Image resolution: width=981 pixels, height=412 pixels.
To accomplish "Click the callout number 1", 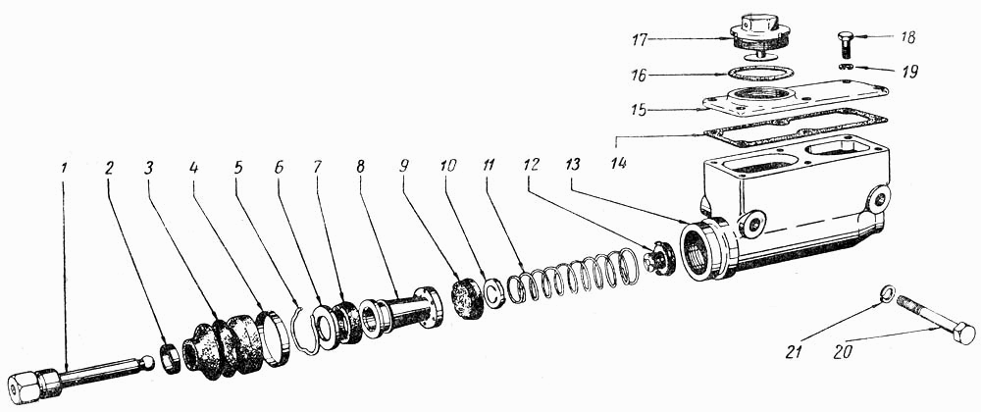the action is pos(65,168).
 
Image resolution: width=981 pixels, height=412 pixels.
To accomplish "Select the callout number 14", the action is pos(619,163).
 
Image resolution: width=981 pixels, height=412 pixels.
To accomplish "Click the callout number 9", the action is pos(403,167).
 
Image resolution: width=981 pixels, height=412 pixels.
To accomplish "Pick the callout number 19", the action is pos(909,72).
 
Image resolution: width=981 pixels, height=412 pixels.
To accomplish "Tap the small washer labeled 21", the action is pos(887,292).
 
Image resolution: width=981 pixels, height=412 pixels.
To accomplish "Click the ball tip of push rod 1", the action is pos(147,362).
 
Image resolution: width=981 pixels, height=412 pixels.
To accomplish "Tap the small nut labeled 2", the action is pos(172,360).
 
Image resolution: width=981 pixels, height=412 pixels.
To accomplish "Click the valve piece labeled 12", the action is pos(660,258).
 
